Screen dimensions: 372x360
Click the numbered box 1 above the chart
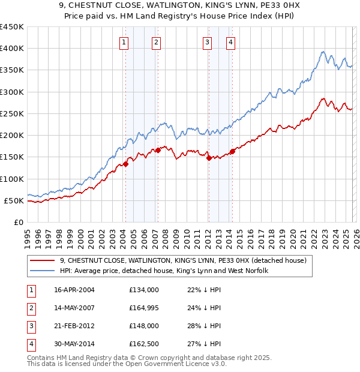tap(123, 42)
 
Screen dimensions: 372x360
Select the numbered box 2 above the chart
tap(156, 42)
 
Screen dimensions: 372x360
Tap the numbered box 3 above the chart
tap(206, 42)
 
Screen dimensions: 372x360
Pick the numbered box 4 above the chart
tap(230, 42)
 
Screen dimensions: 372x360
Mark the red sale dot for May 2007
tap(158, 151)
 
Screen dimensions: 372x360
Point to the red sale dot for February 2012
tap(209, 158)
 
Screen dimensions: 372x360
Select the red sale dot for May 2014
tap(233, 152)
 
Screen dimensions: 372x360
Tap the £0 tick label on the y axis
tap(18, 223)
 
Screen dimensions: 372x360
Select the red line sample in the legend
tap(43, 260)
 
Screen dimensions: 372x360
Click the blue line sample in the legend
tap(43, 271)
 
